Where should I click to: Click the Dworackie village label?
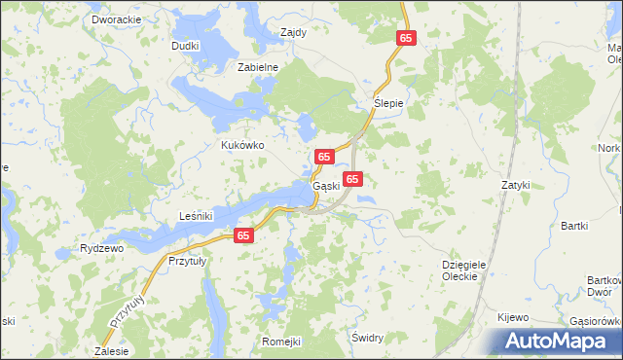pyautogui.click(x=115, y=18)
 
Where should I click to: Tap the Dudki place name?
pyautogui.click(x=185, y=45)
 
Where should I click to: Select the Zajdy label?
pyautogui.click(x=293, y=31)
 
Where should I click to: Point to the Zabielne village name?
pyautogui.click(x=259, y=67)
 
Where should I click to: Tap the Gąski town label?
pyautogui.click(x=325, y=186)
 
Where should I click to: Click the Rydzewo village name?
pyautogui.click(x=101, y=248)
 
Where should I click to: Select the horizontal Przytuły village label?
pyautogui.click(x=191, y=261)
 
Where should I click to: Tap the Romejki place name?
pyautogui.click(x=282, y=342)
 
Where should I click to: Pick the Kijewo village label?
pyautogui.click(x=512, y=317)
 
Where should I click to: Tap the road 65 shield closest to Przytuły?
pyautogui.click(x=244, y=235)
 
